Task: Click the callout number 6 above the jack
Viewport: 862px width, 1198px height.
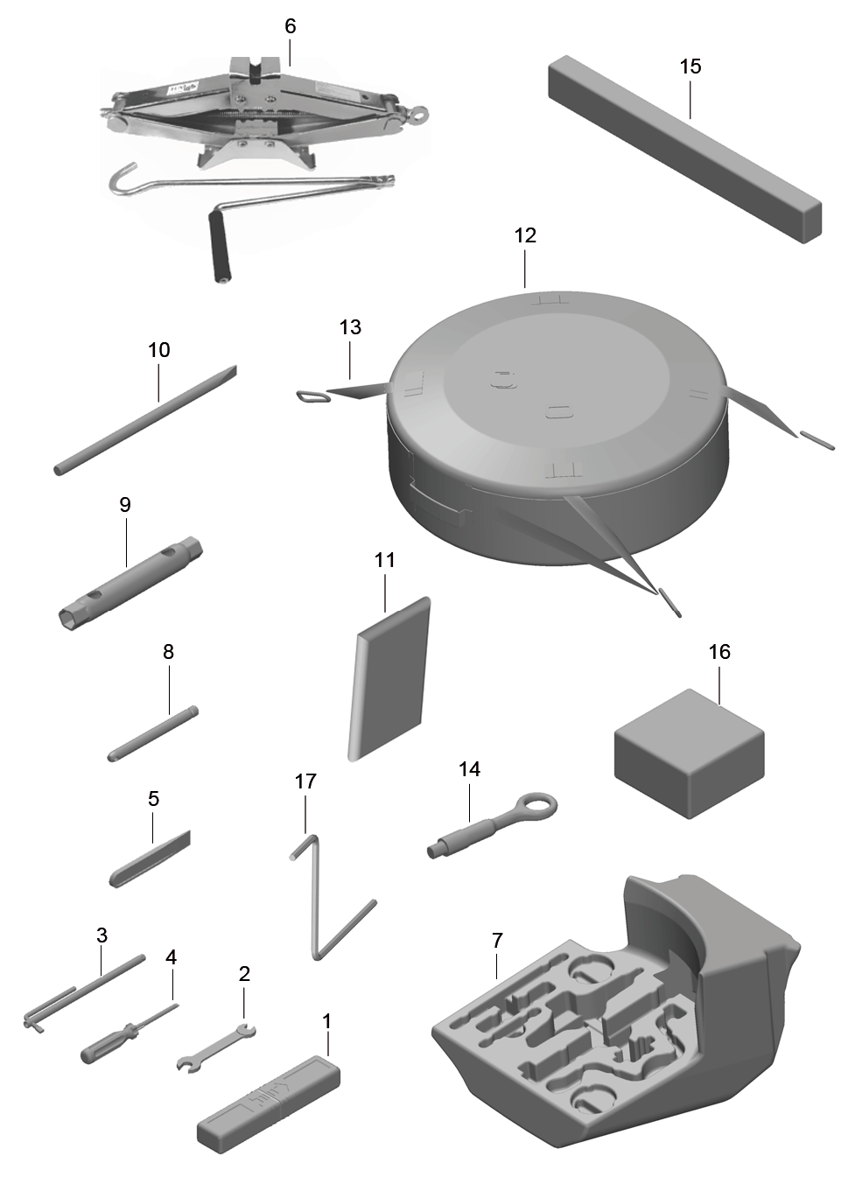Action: pyautogui.click(x=290, y=26)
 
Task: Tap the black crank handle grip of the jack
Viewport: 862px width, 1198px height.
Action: pyautogui.click(x=220, y=246)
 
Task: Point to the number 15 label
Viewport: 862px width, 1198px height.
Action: pyautogui.click(x=690, y=67)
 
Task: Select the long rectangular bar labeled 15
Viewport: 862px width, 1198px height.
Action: pyautogui.click(x=685, y=149)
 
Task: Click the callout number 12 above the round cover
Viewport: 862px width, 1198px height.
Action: pyautogui.click(x=524, y=235)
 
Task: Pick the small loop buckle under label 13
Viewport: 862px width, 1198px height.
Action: pyautogui.click(x=311, y=396)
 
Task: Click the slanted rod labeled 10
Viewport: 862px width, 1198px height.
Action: pyautogui.click(x=145, y=420)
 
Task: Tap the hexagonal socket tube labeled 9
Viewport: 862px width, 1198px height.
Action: pyautogui.click(x=130, y=584)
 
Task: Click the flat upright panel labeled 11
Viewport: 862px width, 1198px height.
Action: pyautogui.click(x=389, y=679)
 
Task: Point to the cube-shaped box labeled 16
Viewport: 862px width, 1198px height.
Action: pyautogui.click(x=690, y=753)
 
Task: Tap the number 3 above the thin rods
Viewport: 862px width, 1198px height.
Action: pyautogui.click(x=102, y=935)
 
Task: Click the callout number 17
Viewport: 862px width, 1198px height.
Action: pyautogui.click(x=305, y=781)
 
